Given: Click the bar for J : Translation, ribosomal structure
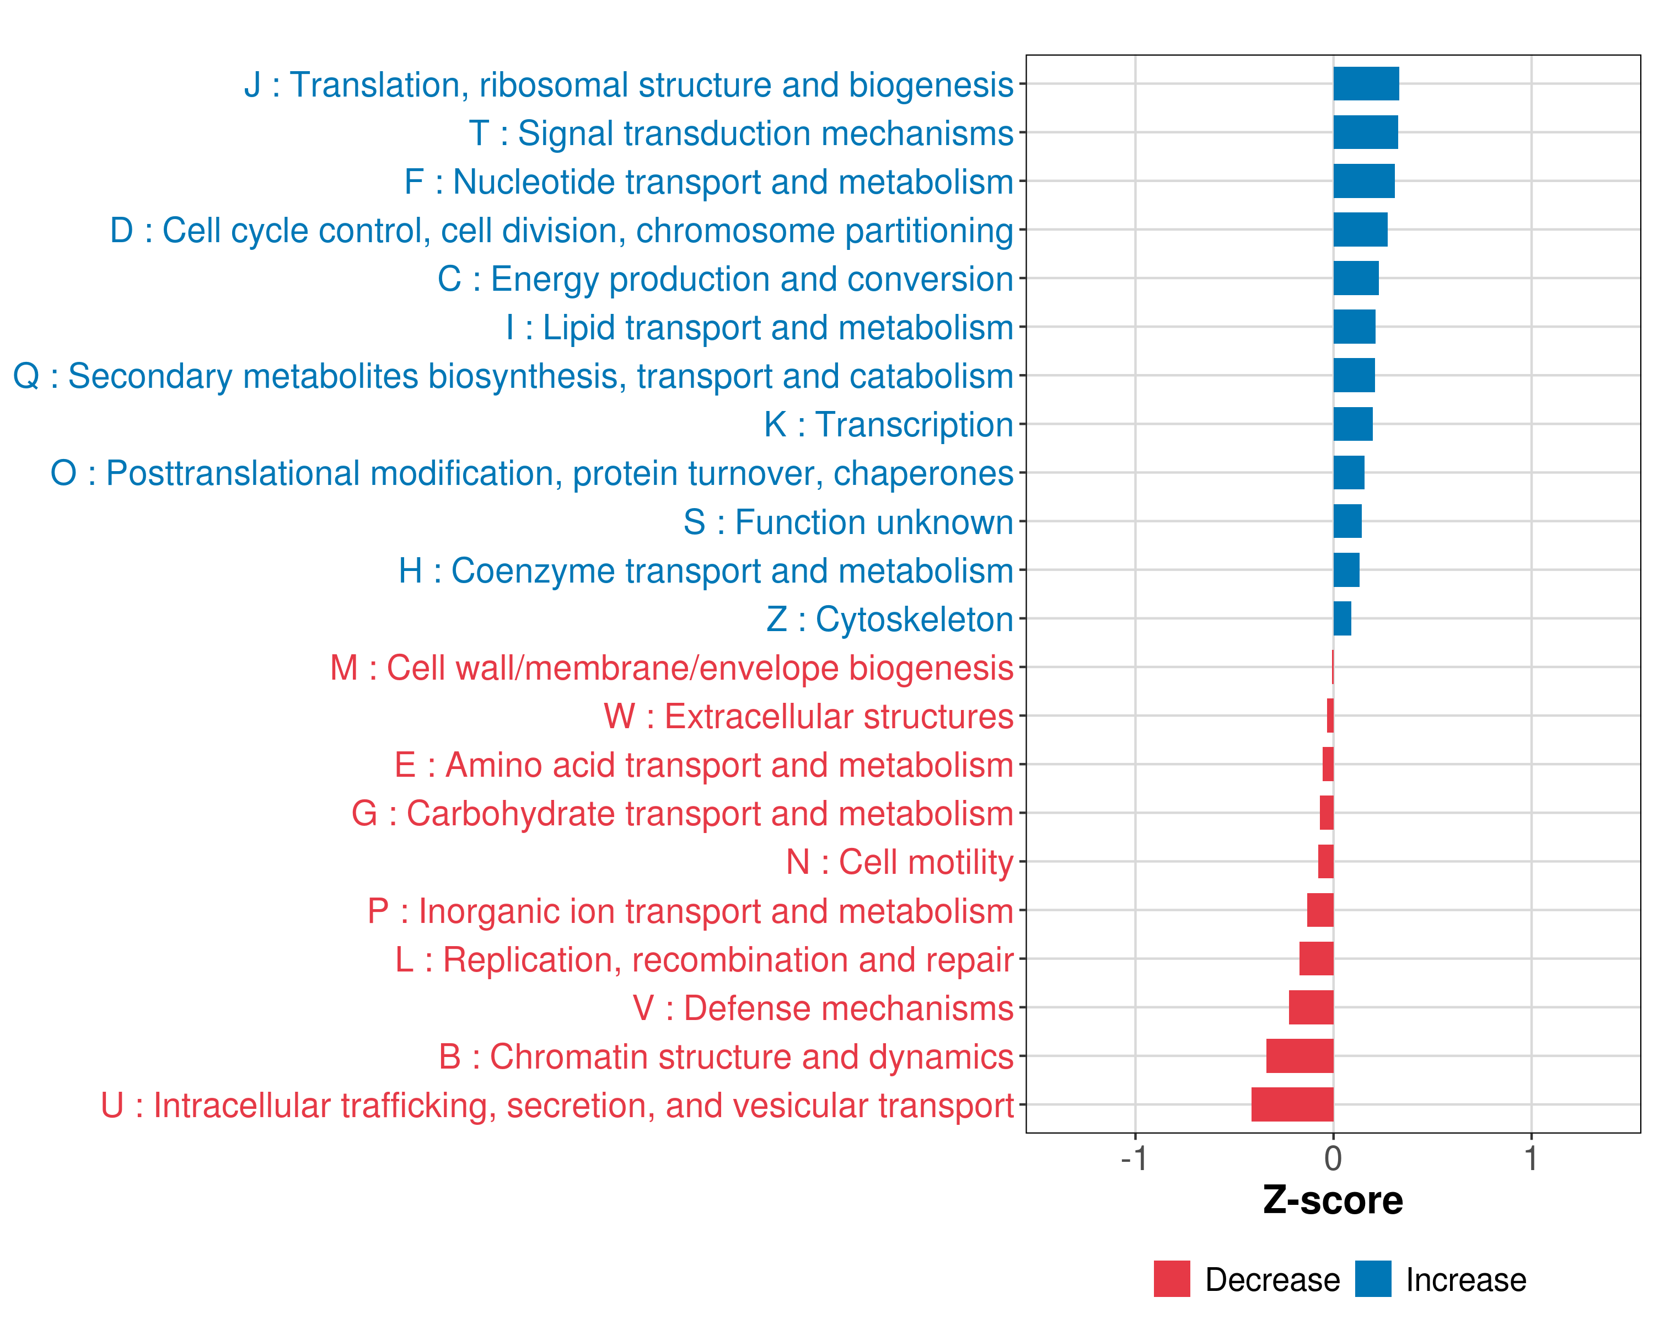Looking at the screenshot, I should [x=1366, y=84].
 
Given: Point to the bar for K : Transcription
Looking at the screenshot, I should [x=1352, y=424].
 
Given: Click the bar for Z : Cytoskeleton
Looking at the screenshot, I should [x=1342, y=618].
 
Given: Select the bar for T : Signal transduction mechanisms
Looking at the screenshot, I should [x=1366, y=132].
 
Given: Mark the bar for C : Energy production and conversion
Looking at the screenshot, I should [x=1356, y=278].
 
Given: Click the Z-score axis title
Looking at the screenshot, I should [x=1333, y=1200].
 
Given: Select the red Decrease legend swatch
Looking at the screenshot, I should [x=1172, y=1279].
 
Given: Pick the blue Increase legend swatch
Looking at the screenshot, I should [x=1372, y=1279].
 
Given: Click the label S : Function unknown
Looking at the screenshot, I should [x=848, y=522].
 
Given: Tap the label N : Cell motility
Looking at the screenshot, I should [x=899, y=862].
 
